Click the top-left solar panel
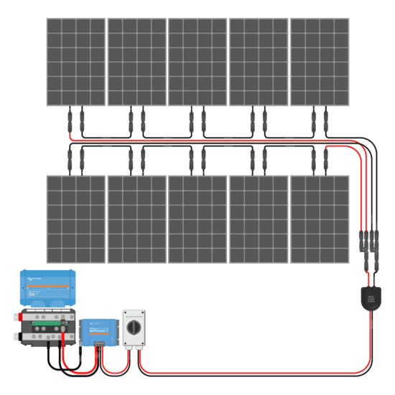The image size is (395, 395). pyautogui.click(x=76, y=61)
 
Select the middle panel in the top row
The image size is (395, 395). pyautogui.click(x=197, y=61)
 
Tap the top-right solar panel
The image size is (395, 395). pyautogui.click(x=320, y=61)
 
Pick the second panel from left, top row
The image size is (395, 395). pyautogui.click(x=136, y=61)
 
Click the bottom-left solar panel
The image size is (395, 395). pyautogui.click(x=76, y=218)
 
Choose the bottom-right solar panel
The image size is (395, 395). pyautogui.click(x=320, y=218)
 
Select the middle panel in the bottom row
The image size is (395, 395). pyautogui.click(x=197, y=218)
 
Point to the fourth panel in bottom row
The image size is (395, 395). pyautogui.click(x=259, y=218)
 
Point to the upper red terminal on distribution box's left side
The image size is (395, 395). pyautogui.click(x=15, y=316)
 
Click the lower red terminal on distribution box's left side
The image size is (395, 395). pyautogui.click(x=15, y=335)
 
